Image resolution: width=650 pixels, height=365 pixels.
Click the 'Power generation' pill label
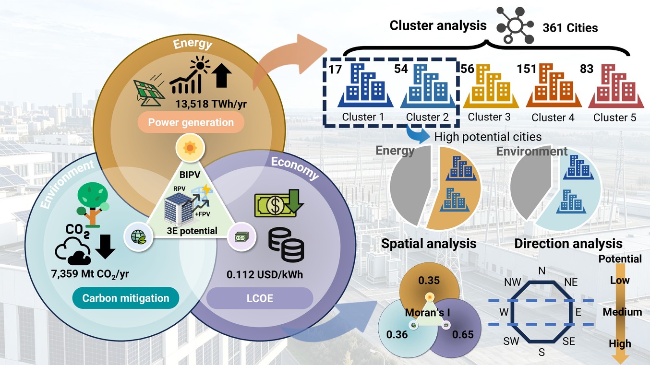coord(191,122)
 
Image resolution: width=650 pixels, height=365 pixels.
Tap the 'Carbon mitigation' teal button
coord(126,298)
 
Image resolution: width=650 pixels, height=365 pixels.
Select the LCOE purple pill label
coord(260,298)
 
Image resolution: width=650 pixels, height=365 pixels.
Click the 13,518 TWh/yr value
coord(211,104)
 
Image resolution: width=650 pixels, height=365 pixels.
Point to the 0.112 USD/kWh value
coord(265,274)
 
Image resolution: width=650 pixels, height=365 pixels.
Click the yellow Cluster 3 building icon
coord(491,86)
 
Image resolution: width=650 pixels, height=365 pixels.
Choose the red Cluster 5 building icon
coord(616,86)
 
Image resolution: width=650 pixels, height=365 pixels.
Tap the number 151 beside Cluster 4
coord(526,69)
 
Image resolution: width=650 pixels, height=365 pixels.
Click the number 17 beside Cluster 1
coord(335,70)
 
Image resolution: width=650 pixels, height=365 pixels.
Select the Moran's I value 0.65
coord(463,335)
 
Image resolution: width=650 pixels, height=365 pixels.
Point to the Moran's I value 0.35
coord(429,281)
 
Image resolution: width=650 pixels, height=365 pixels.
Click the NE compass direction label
coord(571,282)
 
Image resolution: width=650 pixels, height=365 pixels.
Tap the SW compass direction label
coord(511,341)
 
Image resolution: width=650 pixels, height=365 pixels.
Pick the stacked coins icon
coord(286,245)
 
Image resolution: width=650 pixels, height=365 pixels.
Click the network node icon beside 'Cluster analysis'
coord(515,25)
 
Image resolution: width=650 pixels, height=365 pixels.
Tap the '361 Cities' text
coord(570,28)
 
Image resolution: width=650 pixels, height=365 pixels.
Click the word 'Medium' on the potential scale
coord(622,312)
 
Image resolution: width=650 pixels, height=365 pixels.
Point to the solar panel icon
coord(149,93)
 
